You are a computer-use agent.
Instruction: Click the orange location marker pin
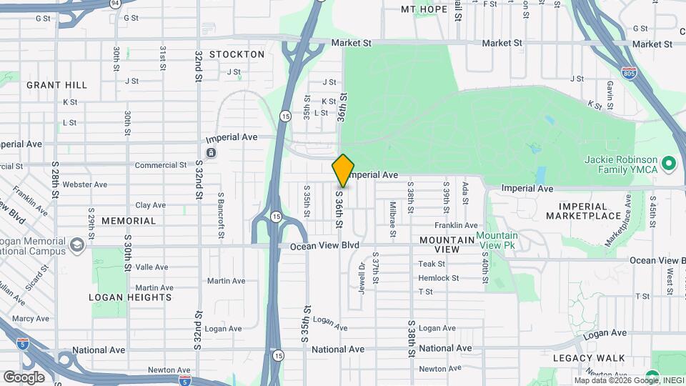pyautogui.click(x=344, y=171)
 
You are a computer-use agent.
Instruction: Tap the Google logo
pyautogui.click(x=24, y=377)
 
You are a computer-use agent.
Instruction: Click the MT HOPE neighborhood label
pyautogui.click(x=424, y=9)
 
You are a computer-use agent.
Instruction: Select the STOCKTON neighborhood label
pyautogui.click(x=237, y=54)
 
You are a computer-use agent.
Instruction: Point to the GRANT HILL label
pyautogui.click(x=57, y=85)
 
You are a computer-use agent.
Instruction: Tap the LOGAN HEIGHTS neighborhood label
pyautogui.click(x=130, y=297)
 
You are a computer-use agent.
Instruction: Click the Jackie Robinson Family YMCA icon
pyautogui.click(x=669, y=164)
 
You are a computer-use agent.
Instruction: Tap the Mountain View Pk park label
pyautogui.click(x=497, y=241)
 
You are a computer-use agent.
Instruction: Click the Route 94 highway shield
pyautogui.click(x=115, y=3)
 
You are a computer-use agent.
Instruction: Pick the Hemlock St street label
pyautogui.click(x=438, y=278)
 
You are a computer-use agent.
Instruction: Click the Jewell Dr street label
pyautogui.click(x=362, y=275)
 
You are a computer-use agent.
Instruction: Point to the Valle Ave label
pyautogui.click(x=151, y=267)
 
